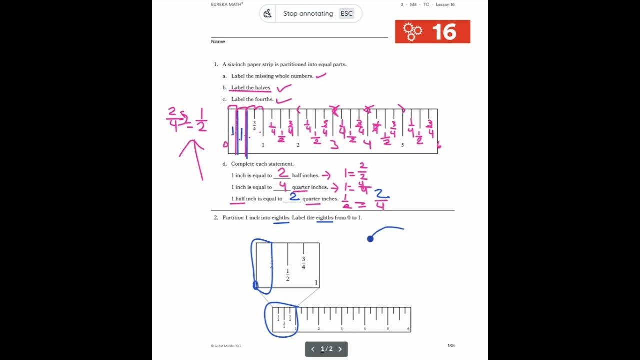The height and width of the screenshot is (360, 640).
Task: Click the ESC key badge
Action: pos(346,14)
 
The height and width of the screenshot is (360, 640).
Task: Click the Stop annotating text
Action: pos(308,14)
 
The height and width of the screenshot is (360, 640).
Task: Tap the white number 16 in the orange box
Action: pos(444,32)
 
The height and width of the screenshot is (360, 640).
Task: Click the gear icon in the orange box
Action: pos(412,32)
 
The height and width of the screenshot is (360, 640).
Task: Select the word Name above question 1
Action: pos(218,42)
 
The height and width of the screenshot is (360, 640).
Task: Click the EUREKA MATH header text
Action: pos(227,4)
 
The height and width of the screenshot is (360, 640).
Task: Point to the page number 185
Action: pos(451,345)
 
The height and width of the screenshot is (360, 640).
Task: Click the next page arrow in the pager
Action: pos(340,349)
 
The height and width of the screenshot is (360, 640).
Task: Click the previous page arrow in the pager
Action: pos(313,349)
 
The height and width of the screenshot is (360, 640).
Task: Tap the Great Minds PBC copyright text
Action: pos(226,345)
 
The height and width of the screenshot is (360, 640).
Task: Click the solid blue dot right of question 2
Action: pos(370,239)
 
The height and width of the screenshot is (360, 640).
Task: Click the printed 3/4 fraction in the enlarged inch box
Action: pos(303,263)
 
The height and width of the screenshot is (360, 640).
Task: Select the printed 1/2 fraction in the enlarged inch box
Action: pos(287,275)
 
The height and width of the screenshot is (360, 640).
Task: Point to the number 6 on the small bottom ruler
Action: pos(408,329)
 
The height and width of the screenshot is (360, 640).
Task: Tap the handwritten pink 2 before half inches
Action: pos(282,173)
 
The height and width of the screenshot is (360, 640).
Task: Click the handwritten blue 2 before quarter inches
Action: pos(294,196)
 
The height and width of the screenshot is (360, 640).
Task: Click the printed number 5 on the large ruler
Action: pos(402,145)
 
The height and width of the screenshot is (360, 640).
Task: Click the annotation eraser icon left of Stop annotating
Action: pos(268,13)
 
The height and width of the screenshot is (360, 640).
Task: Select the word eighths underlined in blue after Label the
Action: pos(324,218)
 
